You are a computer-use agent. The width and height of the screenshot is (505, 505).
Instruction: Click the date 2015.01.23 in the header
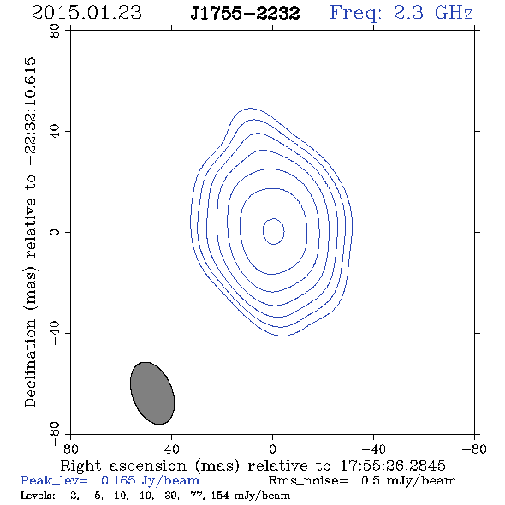[86, 13]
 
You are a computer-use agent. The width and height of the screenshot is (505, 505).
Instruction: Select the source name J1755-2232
[245, 13]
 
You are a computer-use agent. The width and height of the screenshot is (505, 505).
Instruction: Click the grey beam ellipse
[152, 393]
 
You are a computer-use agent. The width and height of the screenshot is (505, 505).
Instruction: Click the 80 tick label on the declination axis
[55, 31]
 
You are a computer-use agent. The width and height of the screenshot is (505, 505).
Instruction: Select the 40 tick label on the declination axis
[55, 132]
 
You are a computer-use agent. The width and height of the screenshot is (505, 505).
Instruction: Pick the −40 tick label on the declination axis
[55, 333]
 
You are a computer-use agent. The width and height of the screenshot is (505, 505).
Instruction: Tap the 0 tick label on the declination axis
[55, 232]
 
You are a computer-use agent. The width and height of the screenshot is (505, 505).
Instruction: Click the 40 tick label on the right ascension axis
[171, 449]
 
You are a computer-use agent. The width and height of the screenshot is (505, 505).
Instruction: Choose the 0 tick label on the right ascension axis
[272, 449]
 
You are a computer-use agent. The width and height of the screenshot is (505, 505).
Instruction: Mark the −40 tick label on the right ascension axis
[373, 449]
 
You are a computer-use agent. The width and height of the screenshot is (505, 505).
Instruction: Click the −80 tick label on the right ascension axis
[474, 449]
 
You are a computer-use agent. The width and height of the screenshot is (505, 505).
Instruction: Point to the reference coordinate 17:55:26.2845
[393, 466]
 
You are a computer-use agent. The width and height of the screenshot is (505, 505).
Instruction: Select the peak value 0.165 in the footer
[118, 480]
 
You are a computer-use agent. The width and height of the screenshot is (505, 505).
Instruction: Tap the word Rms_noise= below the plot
[308, 481]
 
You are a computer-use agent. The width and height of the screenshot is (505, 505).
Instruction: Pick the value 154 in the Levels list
[220, 495]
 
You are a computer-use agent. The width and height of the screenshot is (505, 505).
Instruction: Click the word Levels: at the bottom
[38, 495]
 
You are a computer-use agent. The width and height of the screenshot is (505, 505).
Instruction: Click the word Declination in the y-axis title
[30, 363]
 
